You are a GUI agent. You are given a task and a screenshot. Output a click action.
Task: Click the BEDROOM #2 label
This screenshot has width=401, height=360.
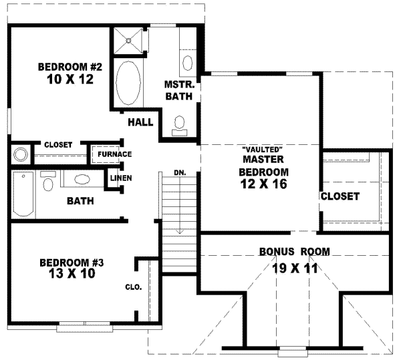click(69, 67)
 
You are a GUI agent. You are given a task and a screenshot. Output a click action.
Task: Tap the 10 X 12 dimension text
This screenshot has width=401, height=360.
click(69, 79)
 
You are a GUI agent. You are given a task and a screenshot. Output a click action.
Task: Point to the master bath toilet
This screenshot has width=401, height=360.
click(180, 122)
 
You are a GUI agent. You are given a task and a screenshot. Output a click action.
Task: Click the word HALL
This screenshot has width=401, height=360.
click(141, 122)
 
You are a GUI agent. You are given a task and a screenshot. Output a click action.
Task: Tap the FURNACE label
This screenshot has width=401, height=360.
click(114, 154)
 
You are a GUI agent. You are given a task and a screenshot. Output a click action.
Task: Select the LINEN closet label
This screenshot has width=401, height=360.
click(121, 178)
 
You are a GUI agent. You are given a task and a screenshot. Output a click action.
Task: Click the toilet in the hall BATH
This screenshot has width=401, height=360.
click(48, 182)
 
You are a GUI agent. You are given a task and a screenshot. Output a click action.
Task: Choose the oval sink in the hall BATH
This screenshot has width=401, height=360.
click(82, 179)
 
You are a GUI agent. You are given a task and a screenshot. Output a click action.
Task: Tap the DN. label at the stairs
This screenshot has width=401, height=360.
click(180, 172)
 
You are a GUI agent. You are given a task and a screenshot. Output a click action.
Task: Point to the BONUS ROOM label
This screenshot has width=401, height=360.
click(294, 252)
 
